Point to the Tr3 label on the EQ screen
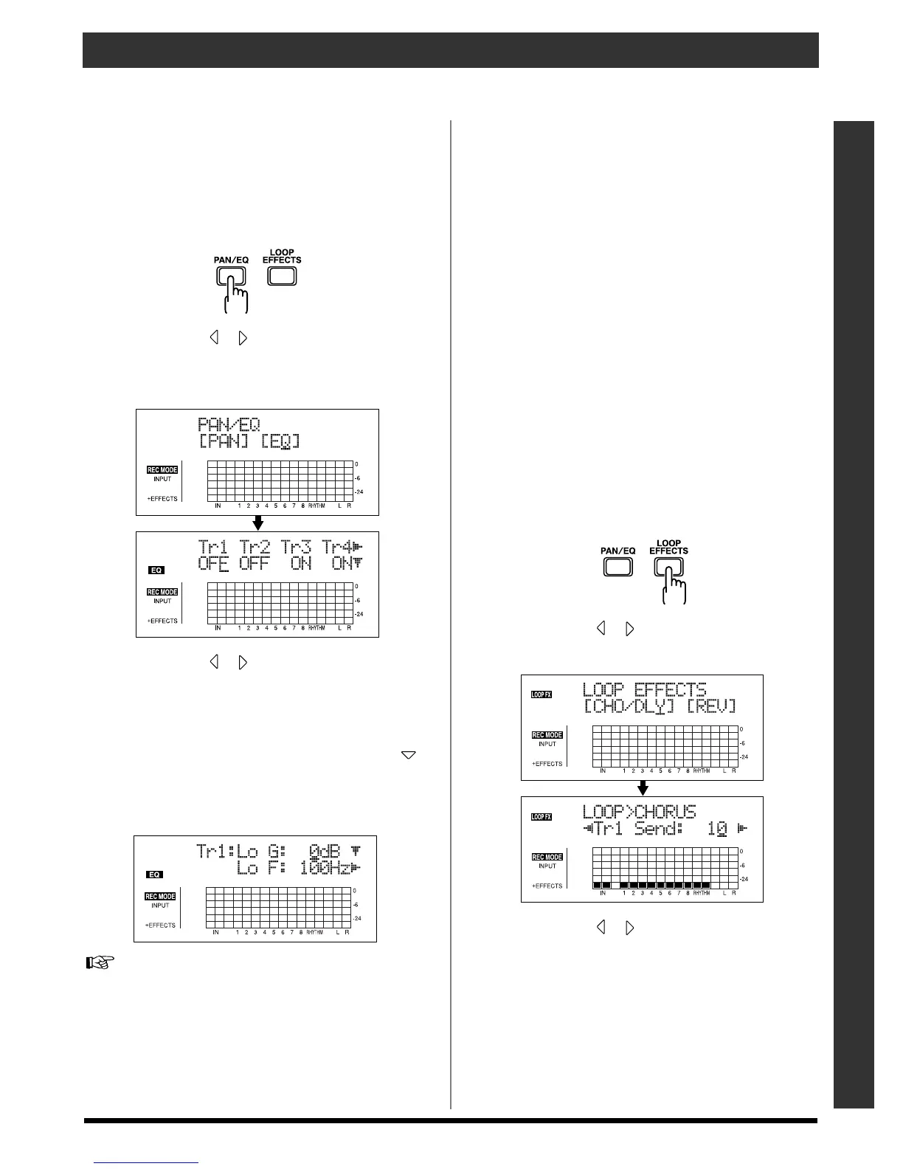297,548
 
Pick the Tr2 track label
255,548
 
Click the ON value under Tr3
300,564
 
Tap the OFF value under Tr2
255,564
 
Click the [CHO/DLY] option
629,706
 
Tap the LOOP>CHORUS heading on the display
639,812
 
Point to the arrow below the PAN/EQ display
257,523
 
